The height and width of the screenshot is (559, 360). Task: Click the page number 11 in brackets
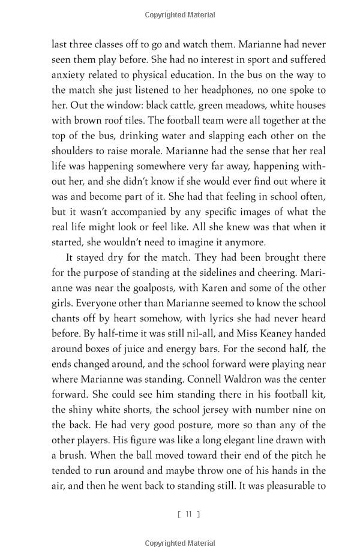(x=188, y=514)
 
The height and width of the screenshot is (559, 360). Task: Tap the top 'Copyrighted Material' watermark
(x=180, y=14)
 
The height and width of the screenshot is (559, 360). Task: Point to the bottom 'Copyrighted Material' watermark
(x=180, y=543)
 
